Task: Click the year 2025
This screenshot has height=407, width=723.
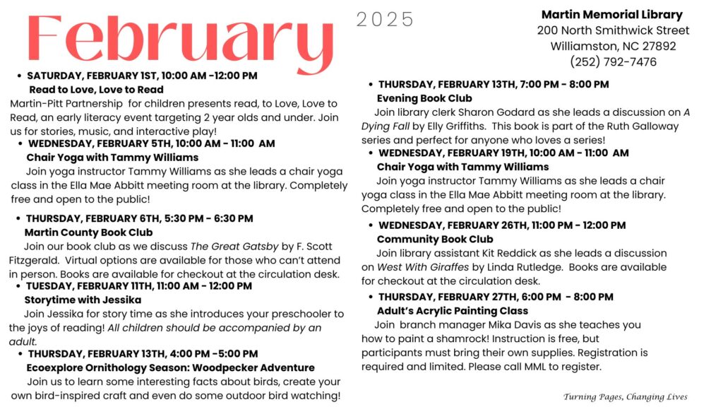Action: (385, 20)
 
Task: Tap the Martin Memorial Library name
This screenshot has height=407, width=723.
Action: (611, 15)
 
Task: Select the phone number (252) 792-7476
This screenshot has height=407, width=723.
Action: (613, 61)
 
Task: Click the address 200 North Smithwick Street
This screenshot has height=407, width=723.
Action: (613, 30)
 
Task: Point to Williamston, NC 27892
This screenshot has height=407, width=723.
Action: (613, 46)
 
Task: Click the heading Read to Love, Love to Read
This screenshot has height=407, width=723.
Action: (96, 90)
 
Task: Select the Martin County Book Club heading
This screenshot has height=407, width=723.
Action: (88, 232)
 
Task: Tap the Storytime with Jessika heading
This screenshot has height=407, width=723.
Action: (83, 300)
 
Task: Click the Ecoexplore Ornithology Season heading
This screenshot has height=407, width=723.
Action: (170, 367)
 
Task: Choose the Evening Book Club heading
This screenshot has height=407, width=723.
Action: (424, 98)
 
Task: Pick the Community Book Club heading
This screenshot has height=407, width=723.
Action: (435, 240)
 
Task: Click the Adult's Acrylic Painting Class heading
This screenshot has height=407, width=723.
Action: (452, 311)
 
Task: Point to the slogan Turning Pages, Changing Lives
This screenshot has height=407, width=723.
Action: (625, 396)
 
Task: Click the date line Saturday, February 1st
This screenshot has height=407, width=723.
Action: (141, 75)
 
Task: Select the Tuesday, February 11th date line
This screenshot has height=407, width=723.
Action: (138, 286)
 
